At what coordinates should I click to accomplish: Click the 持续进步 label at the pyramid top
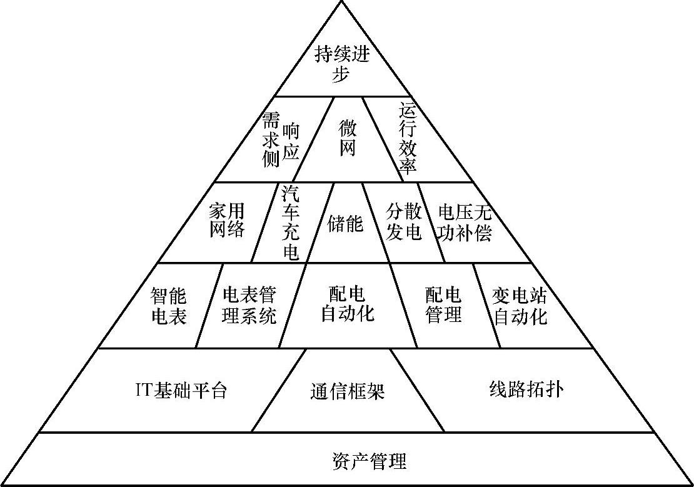(x=342, y=65)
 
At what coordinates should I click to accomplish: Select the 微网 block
(x=347, y=139)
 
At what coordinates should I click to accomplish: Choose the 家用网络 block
(x=226, y=219)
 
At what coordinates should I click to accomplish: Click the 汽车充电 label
(x=290, y=221)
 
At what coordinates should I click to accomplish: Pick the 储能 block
(x=344, y=223)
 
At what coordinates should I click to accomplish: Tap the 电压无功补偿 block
(x=465, y=222)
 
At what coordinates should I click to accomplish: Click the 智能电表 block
(x=169, y=306)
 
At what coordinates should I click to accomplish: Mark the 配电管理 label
(x=443, y=304)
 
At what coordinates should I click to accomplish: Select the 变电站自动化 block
(x=520, y=306)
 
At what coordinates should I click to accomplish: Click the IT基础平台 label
(x=181, y=391)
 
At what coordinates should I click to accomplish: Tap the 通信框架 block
(x=347, y=391)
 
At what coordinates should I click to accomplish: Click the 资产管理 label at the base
(x=369, y=462)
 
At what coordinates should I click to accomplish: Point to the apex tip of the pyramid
(x=342, y=3)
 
